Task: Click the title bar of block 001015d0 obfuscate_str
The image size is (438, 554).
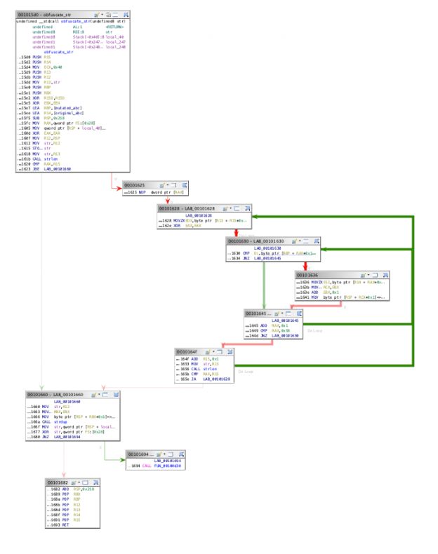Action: pyautogui.click(x=42, y=14)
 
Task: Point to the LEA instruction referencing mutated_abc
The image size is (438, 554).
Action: pyautogui.click(x=56, y=107)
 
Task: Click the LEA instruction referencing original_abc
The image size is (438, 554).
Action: pyautogui.click(x=56, y=112)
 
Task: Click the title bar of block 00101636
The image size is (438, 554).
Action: pyautogui.click(x=316, y=275)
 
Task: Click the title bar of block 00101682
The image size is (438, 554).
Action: pyautogui.click(x=60, y=482)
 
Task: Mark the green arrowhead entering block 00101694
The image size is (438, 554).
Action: pyautogui.click(x=123, y=460)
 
